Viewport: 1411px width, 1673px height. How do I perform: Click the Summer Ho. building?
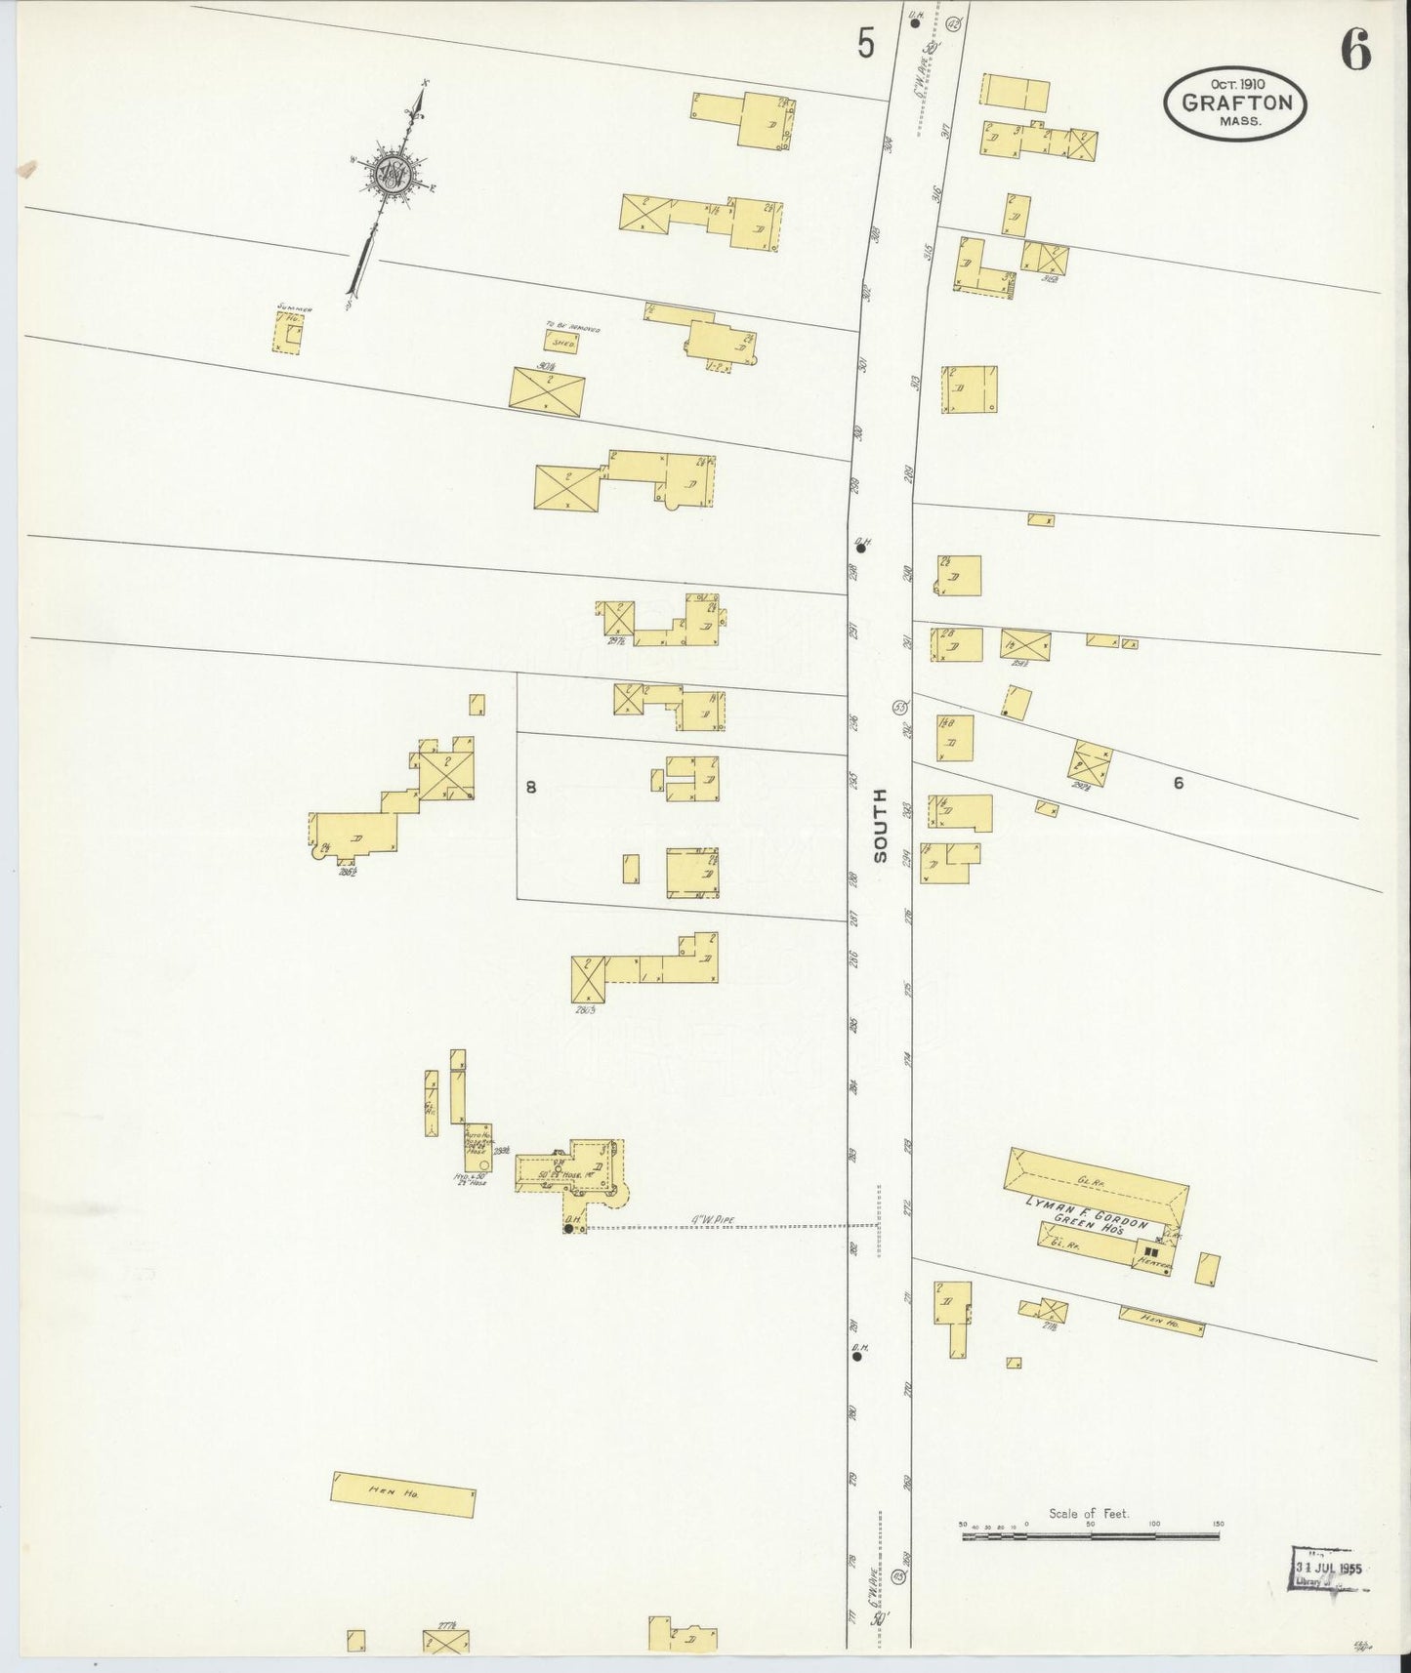point(288,333)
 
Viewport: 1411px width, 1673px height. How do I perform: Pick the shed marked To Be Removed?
point(561,342)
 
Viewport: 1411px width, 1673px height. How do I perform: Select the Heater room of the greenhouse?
point(1150,1256)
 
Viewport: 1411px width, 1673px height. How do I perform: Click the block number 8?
point(530,787)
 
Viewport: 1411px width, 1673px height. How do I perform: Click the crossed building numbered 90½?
point(547,391)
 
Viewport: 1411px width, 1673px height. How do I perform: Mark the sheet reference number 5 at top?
point(865,45)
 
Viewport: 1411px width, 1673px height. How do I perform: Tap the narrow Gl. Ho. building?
point(431,1103)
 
